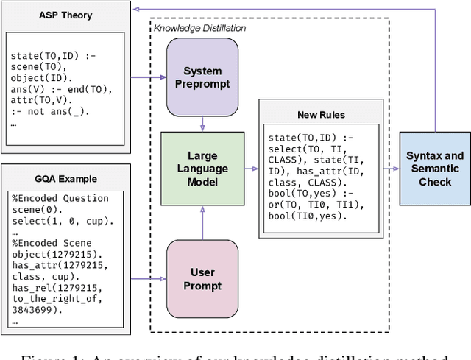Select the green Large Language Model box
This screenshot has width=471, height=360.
click(x=202, y=169)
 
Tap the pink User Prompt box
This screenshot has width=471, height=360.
click(x=202, y=278)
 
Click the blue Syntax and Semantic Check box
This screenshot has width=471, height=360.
click(x=435, y=169)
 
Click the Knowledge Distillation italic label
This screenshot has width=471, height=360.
click(x=200, y=27)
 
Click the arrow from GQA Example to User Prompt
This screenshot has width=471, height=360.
click(x=147, y=278)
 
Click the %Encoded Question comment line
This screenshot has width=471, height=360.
click(x=60, y=198)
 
